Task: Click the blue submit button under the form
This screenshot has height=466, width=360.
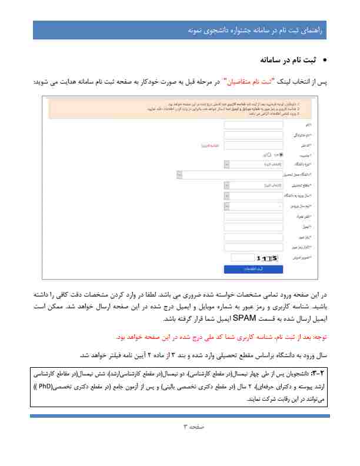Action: pyautogui.click(x=254, y=269)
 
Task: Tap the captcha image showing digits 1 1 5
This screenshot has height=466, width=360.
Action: pyautogui.click(x=268, y=257)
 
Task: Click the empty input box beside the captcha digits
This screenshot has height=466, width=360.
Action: pyautogui.click(x=242, y=257)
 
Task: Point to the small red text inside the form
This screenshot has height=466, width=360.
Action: pyautogui.click(x=210, y=145)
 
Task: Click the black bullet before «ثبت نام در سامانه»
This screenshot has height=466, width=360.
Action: pyautogui.click(x=325, y=60)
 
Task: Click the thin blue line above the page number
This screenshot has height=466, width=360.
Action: pyautogui.click(x=179, y=415)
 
